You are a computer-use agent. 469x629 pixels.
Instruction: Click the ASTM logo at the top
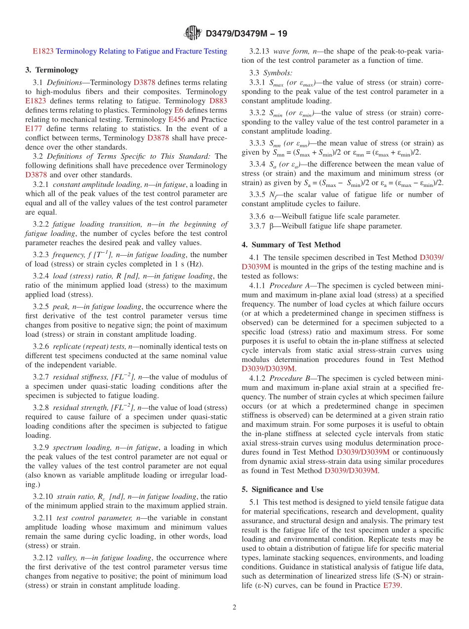193,33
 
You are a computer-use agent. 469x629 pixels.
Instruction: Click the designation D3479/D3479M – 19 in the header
246,34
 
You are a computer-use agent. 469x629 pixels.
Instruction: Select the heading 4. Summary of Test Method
291,245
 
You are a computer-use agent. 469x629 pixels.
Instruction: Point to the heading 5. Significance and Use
282,490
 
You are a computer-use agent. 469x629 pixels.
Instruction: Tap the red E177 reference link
34,129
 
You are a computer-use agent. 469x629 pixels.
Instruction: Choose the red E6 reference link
179,110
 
